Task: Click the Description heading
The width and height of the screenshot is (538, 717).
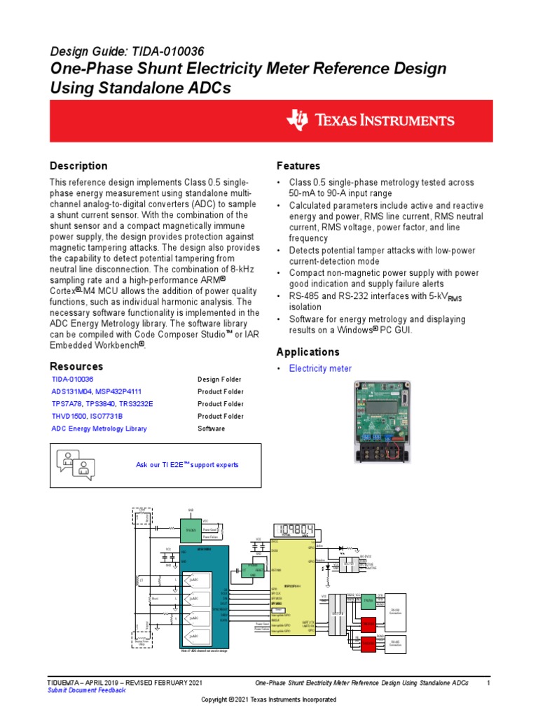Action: pyautogui.click(x=78, y=166)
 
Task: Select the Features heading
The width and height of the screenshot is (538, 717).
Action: pyautogui.click(x=298, y=166)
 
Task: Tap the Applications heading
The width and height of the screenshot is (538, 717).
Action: pyautogui.click(x=308, y=351)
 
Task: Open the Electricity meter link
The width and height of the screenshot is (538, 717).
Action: pyautogui.click(x=320, y=368)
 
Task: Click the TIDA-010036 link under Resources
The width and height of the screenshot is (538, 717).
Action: pyautogui.click(x=72, y=380)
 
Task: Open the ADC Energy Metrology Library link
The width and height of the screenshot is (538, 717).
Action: pyautogui.click(x=99, y=429)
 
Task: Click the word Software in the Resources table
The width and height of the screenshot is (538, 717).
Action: pyautogui.click(x=212, y=429)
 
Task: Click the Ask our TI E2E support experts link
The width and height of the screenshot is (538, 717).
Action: pyautogui.click(x=186, y=465)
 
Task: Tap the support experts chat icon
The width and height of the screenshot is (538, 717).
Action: pyautogui.click(x=77, y=466)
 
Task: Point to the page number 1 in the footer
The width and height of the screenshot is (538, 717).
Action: pyautogui.click(x=488, y=682)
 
